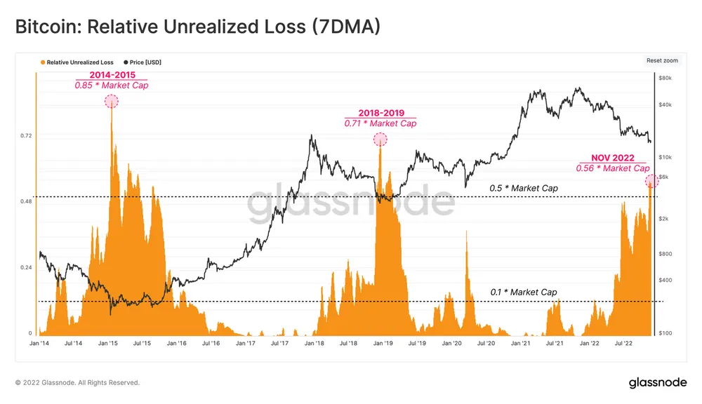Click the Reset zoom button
663,61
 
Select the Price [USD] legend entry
142,62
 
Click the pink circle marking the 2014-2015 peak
111,101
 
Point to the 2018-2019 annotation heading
380,113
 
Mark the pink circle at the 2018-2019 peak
380,139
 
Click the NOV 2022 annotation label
611,158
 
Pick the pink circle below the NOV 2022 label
651,181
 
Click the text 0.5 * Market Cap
523,189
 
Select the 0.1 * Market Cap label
523,292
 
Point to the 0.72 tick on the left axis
26,135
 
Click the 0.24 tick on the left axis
26,268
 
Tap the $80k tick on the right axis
667,78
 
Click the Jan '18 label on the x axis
314,344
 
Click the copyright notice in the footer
77,383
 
